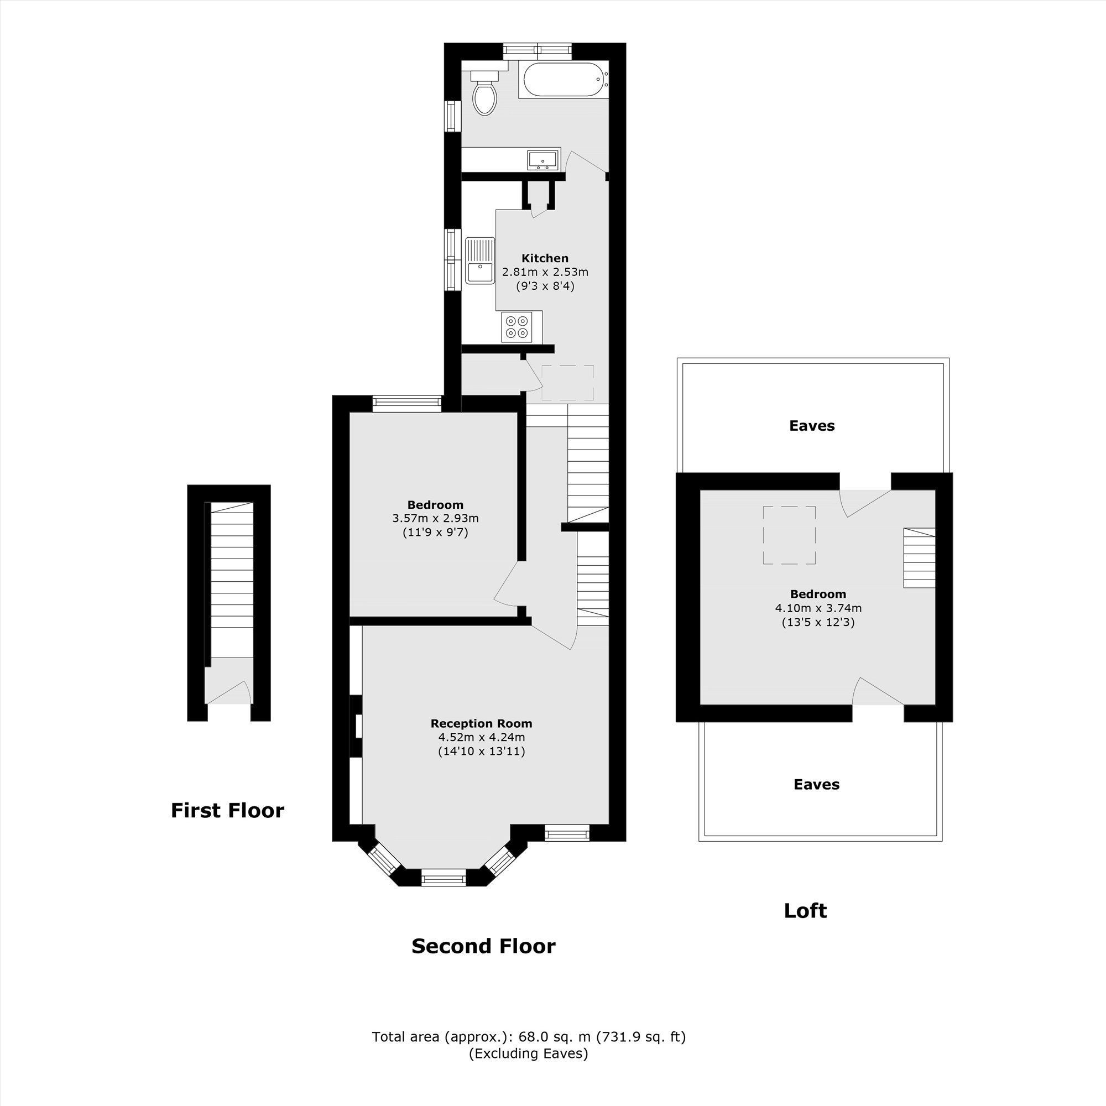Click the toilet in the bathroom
point(484,96)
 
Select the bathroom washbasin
point(542,160)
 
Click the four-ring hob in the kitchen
point(517,327)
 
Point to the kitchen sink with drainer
point(479,260)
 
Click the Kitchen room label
point(544,258)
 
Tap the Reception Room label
point(482,723)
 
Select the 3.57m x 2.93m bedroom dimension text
point(435,519)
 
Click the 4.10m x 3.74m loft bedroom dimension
point(818,608)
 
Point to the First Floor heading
point(227,811)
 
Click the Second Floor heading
point(483,946)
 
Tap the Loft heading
point(805,911)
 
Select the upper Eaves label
point(812,426)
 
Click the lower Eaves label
point(816,785)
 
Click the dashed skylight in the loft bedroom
point(789,535)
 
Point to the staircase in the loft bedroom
point(919,557)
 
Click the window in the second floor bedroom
point(406,403)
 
